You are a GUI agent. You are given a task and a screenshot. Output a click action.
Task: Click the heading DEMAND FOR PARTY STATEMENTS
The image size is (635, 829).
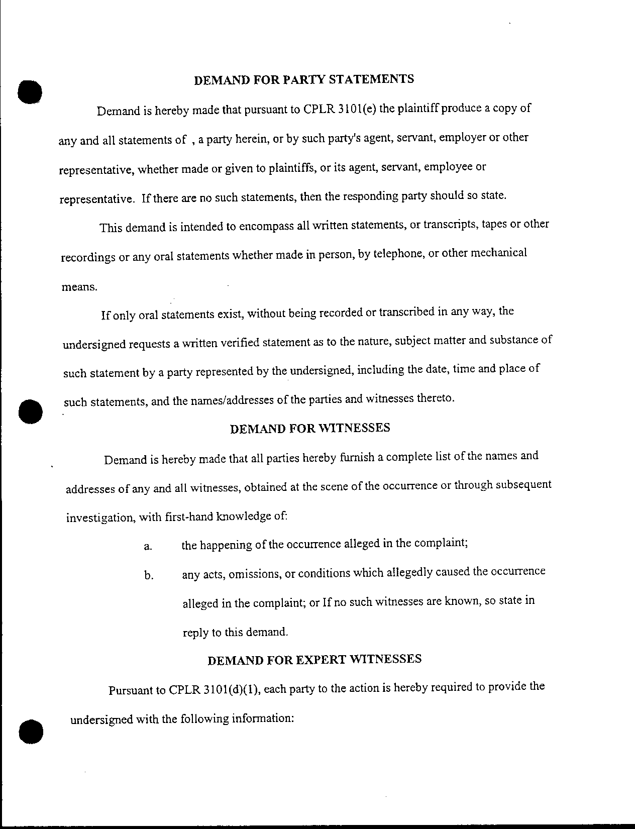(304, 80)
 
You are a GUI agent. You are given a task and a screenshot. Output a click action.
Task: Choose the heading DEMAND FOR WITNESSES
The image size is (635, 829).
(309, 428)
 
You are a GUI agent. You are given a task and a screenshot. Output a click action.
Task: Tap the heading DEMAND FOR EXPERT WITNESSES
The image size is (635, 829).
(314, 660)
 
